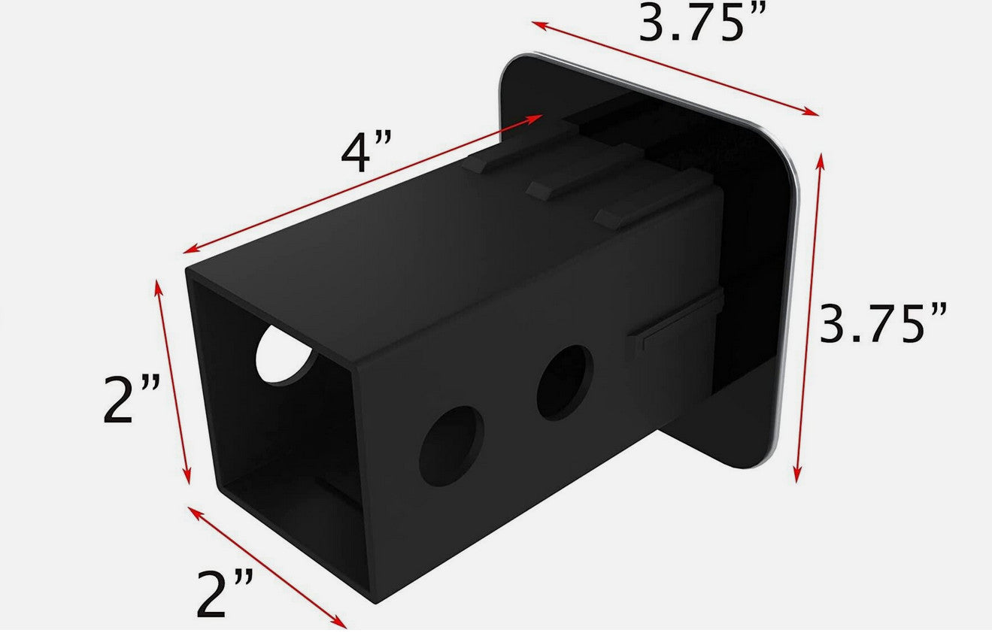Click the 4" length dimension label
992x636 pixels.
pyautogui.click(x=367, y=152)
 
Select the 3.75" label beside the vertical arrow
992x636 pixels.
pyautogui.click(x=883, y=323)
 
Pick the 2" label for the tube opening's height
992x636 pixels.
pyautogui.click(x=131, y=399)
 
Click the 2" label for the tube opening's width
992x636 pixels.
pyautogui.click(x=224, y=593)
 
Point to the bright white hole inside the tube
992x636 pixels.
pyautogui.click(x=284, y=354)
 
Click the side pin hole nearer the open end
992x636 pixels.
pyautogui.click(x=451, y=446)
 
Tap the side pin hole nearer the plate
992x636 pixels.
pyautogui.click(x=565, y=383)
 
